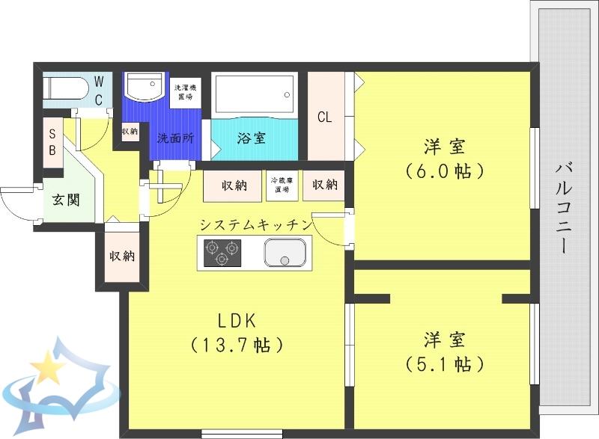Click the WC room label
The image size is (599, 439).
point(99,89)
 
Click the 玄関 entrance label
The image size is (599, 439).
point(67,200)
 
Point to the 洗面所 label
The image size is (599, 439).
point(175,138)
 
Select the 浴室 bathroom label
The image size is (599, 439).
point(251,138)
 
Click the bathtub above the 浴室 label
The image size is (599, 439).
point(253,94)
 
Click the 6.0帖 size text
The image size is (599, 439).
point(444,171)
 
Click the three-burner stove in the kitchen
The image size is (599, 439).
point(221,253)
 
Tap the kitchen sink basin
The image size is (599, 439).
point(285,253)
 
